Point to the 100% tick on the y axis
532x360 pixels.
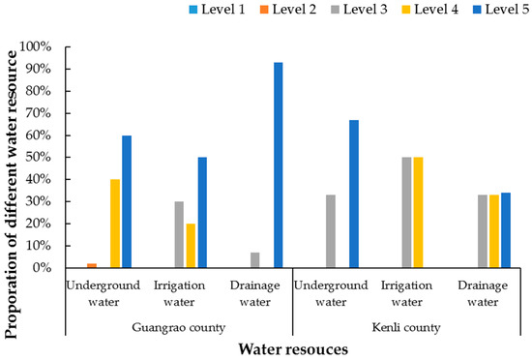47,46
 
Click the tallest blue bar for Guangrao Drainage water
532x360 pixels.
279,165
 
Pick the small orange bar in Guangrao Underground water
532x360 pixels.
91,265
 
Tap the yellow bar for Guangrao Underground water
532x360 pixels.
115,224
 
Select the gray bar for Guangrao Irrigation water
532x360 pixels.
179,234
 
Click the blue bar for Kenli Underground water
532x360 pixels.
354,194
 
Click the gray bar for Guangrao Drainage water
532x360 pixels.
254,260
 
